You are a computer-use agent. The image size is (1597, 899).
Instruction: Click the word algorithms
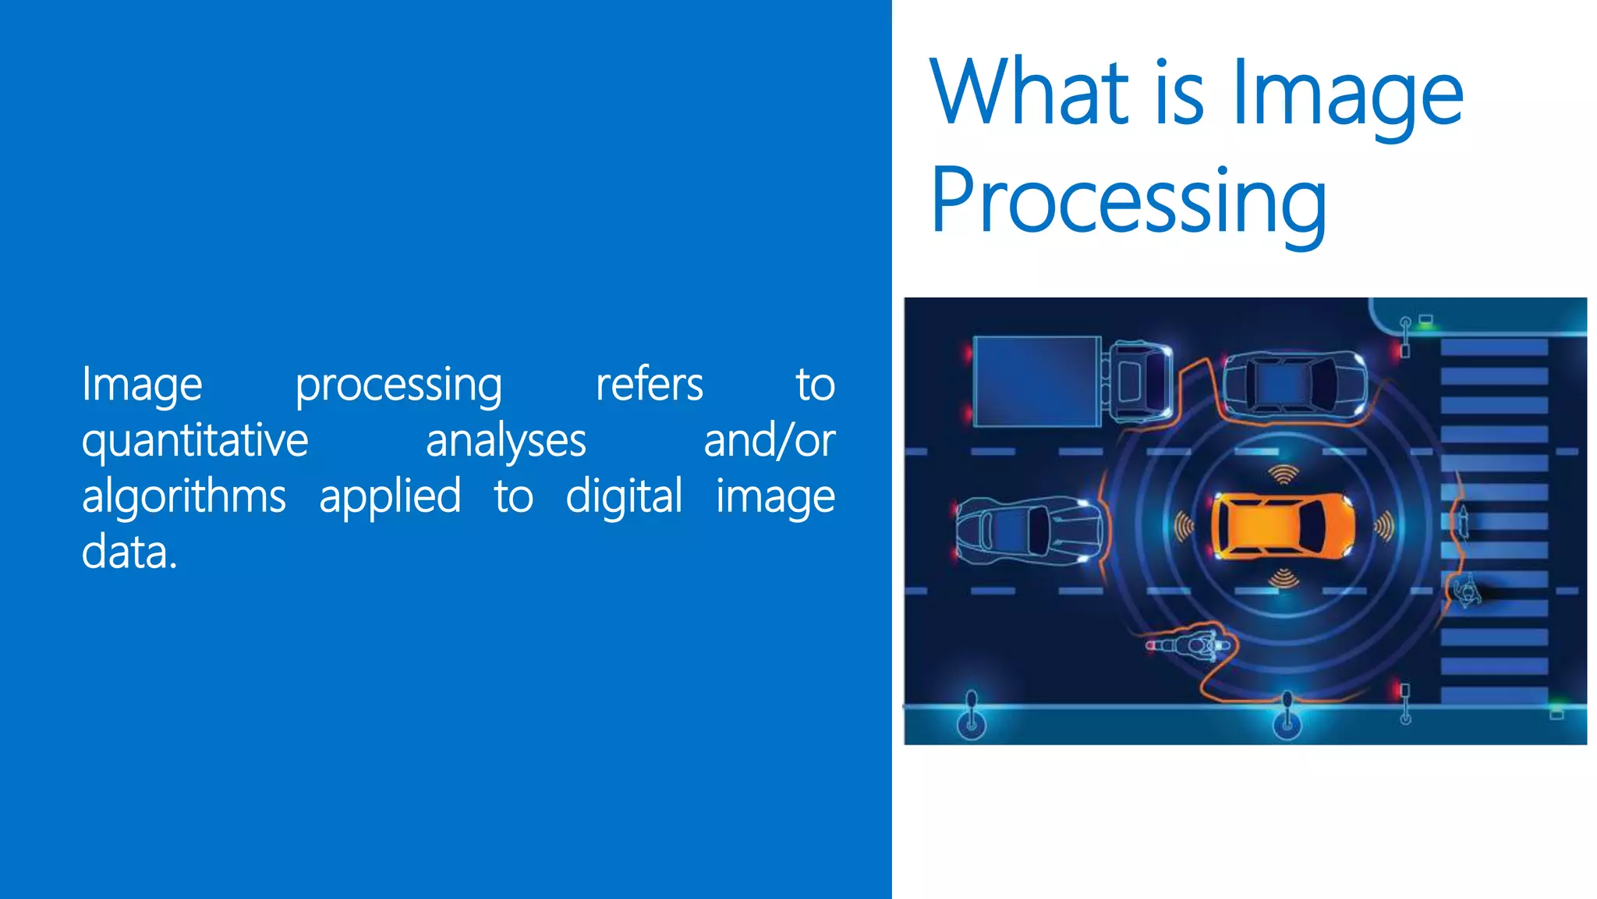pos(184,497)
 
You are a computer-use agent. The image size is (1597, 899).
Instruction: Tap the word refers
pos(649,385)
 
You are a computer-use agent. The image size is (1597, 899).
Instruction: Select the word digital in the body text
pos(624,497)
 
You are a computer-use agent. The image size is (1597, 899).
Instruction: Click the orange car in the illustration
pos(1282,526)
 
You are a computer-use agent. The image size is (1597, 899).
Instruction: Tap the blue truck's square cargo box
pos(1036,382)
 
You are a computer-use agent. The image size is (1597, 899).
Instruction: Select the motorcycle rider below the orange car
pos(1193,645)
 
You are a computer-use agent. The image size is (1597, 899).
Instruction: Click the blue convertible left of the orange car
pos(1028,530)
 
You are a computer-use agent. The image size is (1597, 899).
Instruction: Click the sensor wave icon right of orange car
pos(1384,528)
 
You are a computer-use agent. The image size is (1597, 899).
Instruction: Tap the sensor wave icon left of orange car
pos(1184,528)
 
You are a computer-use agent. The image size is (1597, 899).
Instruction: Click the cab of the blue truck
pos(1138,380)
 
